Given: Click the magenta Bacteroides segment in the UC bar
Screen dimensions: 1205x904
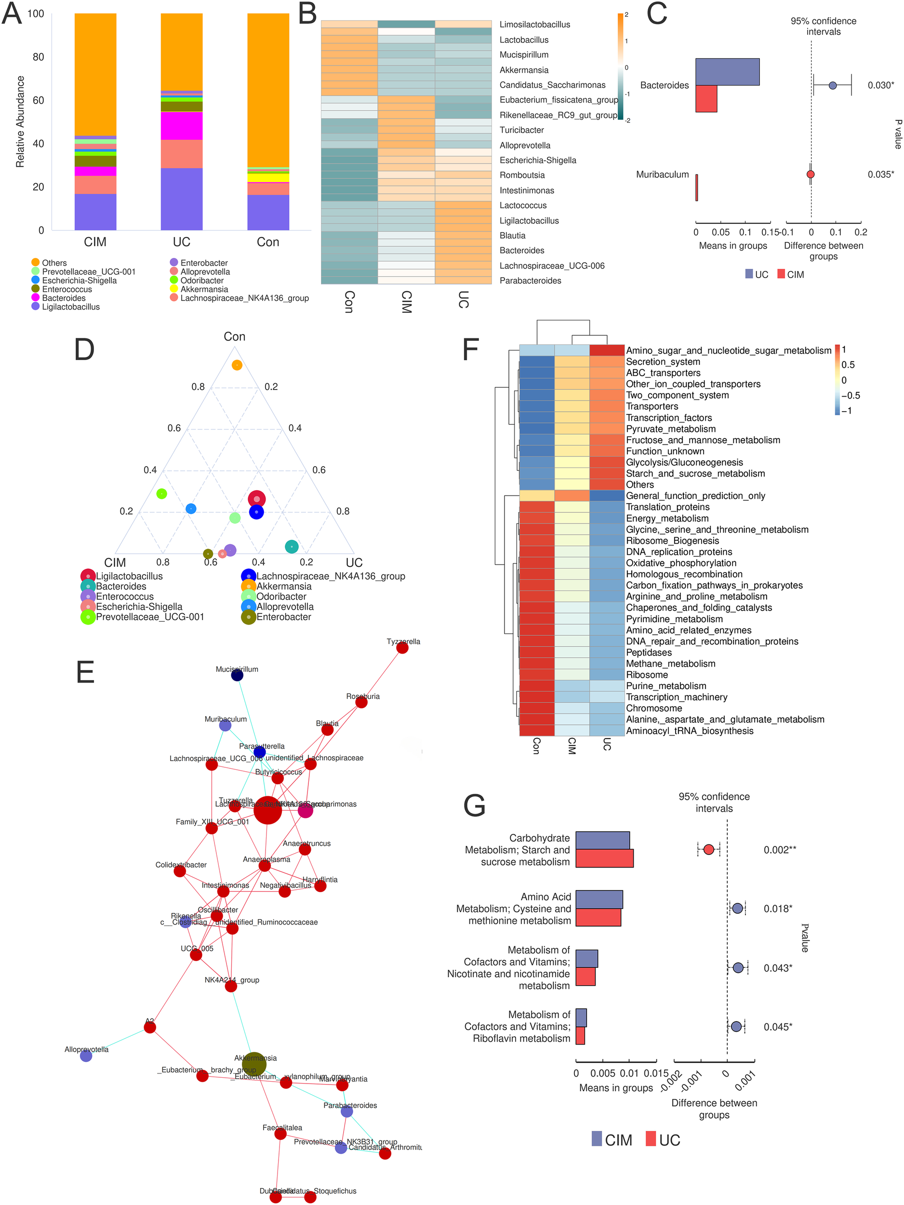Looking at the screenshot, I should tap(181, 126).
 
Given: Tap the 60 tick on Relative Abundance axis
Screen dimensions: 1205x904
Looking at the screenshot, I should tap(38, 100).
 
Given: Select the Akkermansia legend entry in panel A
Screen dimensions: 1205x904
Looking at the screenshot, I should tap(204, 289).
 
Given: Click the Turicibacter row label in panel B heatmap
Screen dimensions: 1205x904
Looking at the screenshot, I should tap(521, 130).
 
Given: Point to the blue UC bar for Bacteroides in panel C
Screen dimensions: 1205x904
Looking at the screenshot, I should tap(727, 72).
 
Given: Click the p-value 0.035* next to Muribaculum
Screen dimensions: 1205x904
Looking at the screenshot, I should tap(880, 174).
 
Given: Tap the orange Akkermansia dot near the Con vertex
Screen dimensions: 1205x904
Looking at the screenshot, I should tap(237, 365).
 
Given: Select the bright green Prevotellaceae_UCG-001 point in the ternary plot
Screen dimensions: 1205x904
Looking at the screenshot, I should tap(161, 494).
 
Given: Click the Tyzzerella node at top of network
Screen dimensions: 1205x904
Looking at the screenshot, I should tap(402, 648).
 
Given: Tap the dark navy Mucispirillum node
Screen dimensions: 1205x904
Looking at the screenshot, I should tap(237, 675).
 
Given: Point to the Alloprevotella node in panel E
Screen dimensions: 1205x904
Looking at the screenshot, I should tap(86, 1056).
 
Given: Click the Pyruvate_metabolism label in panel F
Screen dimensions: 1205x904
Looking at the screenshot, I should tap(670, 428).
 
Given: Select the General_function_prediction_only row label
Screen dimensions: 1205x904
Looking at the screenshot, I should tap(695, 495).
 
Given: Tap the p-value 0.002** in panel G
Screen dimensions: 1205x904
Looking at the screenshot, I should tap(779, 850).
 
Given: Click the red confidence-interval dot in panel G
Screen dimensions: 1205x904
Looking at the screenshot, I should tap(708, 850).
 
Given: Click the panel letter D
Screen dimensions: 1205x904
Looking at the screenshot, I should tap(84, 350).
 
